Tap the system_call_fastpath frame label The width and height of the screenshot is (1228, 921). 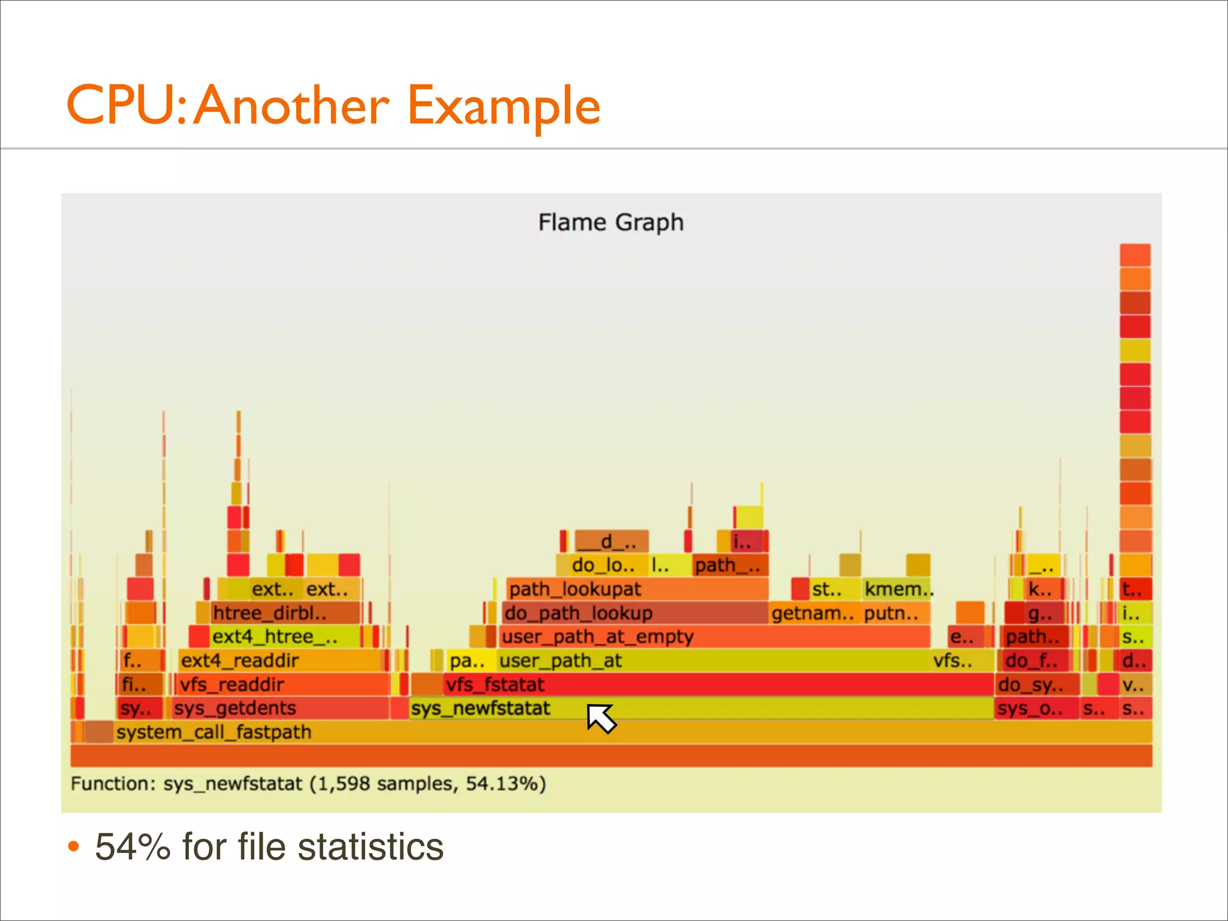[x=214, y=732]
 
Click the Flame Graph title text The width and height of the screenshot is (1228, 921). [x=610, y=222]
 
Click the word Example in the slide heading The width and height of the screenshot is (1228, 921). [x=503, y=106]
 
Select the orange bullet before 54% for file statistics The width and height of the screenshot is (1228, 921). [x=73, y=847]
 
